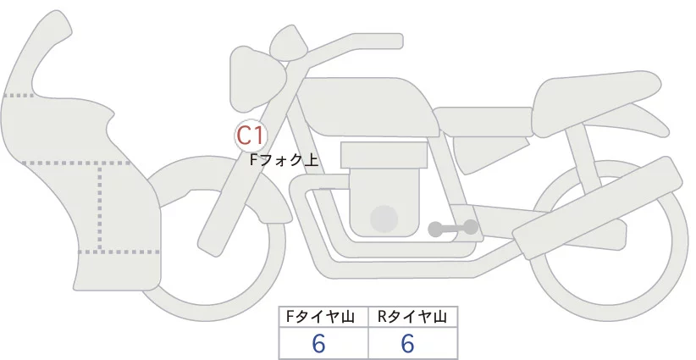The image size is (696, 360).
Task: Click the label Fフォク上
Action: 284,158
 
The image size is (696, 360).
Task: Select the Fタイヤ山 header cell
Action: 323,317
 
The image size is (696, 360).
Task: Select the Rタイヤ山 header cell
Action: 412,317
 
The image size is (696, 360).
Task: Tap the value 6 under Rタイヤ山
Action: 407,343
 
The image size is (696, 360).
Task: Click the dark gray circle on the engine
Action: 384,218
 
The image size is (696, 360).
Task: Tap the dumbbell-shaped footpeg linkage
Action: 452,228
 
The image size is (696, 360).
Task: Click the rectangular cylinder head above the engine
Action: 382,155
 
